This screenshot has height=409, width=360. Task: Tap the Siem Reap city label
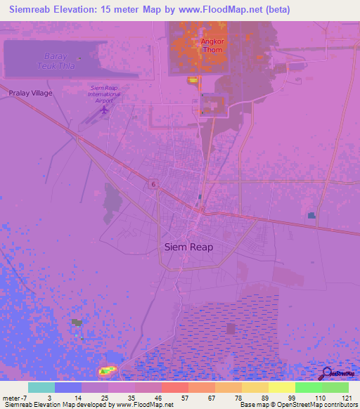(188, 247)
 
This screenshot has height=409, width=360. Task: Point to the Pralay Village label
(30, 93)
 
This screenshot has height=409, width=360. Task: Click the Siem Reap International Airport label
(105, 94)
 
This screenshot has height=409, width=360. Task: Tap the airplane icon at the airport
(105, 109)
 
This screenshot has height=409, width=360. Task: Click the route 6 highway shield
(153, 183)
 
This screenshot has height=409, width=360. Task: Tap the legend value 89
(264, 398)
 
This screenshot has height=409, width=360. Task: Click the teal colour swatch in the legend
(41, 387)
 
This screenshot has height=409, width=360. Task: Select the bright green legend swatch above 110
(308, 387)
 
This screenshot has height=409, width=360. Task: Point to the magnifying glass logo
(326, 373)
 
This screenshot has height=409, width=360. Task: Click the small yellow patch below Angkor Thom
(193, 81)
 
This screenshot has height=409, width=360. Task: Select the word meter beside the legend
(13, 398)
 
